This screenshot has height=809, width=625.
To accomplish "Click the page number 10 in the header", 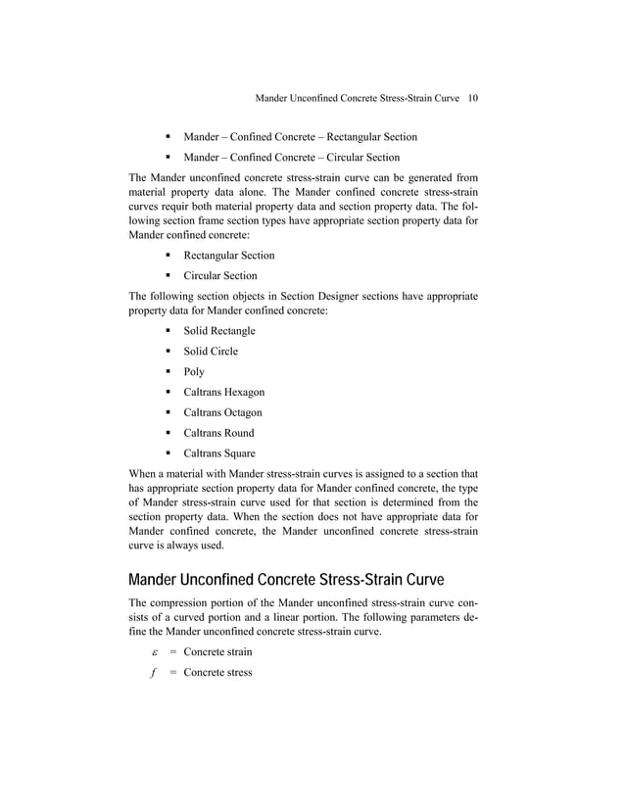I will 472,98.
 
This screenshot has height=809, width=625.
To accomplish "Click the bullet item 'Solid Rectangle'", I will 219,331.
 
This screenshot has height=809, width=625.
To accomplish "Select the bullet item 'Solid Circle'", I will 211,352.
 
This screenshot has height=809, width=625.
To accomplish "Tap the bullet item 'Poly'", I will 194,372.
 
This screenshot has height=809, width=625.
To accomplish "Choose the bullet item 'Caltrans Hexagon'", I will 223,393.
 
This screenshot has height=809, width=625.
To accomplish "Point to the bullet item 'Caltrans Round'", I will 218,433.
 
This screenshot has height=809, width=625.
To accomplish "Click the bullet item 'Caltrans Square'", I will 219,453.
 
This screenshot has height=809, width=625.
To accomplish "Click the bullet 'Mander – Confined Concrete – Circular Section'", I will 291,157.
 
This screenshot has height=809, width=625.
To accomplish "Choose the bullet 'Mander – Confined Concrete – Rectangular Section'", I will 300,136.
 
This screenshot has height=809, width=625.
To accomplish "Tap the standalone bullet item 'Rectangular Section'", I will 229,256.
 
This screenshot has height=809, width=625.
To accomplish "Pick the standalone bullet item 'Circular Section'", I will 220,276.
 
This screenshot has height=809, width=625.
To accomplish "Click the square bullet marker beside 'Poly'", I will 168,372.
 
